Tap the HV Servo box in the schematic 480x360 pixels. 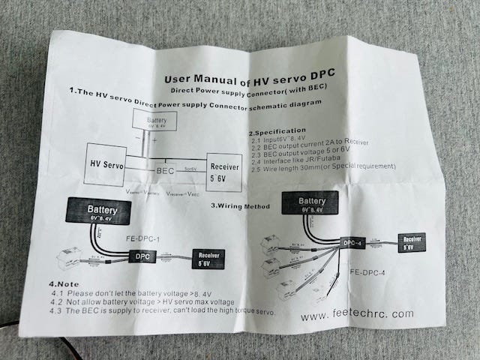pyautogui.click(x=106, y=163)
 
